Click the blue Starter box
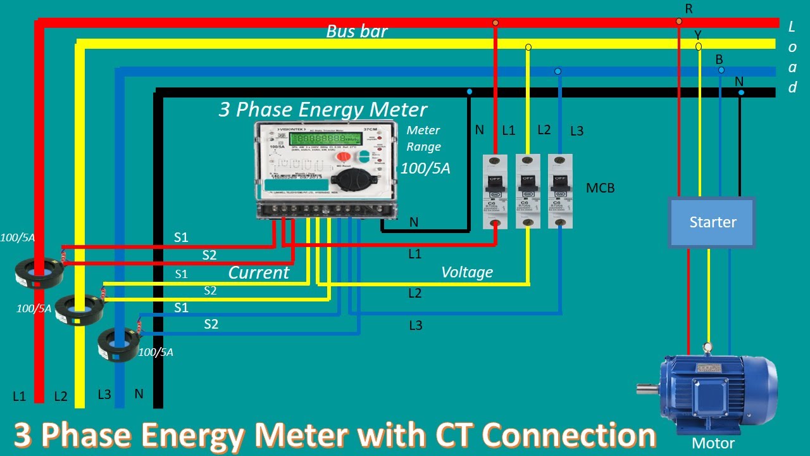713,222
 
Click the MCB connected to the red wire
495,191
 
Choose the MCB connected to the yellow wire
528,191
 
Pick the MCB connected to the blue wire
560,191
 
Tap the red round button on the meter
342,156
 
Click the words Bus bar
356,31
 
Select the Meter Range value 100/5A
425,168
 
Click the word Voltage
466,272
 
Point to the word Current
258,273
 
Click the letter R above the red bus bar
689,8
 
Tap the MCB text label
600,188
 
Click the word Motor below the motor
713,443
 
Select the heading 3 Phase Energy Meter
323,110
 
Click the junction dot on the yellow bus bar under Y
699,46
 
